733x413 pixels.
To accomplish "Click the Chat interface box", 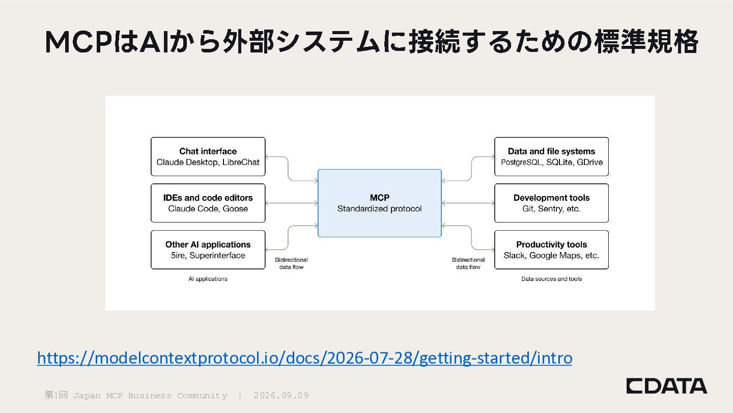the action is point(208,156).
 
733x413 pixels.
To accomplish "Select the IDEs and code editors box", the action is point(208,203).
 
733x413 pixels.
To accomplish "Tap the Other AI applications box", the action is point(208,250).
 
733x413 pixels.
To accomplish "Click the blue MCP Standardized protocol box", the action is point(380,203).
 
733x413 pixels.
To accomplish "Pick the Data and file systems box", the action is point(551,156).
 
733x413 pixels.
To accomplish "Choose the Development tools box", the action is point(551,203).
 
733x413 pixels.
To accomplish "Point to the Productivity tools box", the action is point(551,250).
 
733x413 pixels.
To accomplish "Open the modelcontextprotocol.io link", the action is point(304,357).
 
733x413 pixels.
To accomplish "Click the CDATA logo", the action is point(667,386).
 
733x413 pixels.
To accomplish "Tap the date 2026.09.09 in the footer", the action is point(281,395).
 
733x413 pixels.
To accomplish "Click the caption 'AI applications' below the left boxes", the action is point(208,279).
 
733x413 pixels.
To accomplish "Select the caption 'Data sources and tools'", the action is point(551,279).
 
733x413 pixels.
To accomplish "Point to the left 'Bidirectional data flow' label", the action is point(291,263).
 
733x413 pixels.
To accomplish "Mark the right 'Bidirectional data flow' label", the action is point(468,263).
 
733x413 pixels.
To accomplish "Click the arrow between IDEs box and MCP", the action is point(292,203).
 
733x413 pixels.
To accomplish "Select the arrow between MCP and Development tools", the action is point(468,203).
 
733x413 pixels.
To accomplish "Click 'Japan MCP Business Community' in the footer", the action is point(150,396).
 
